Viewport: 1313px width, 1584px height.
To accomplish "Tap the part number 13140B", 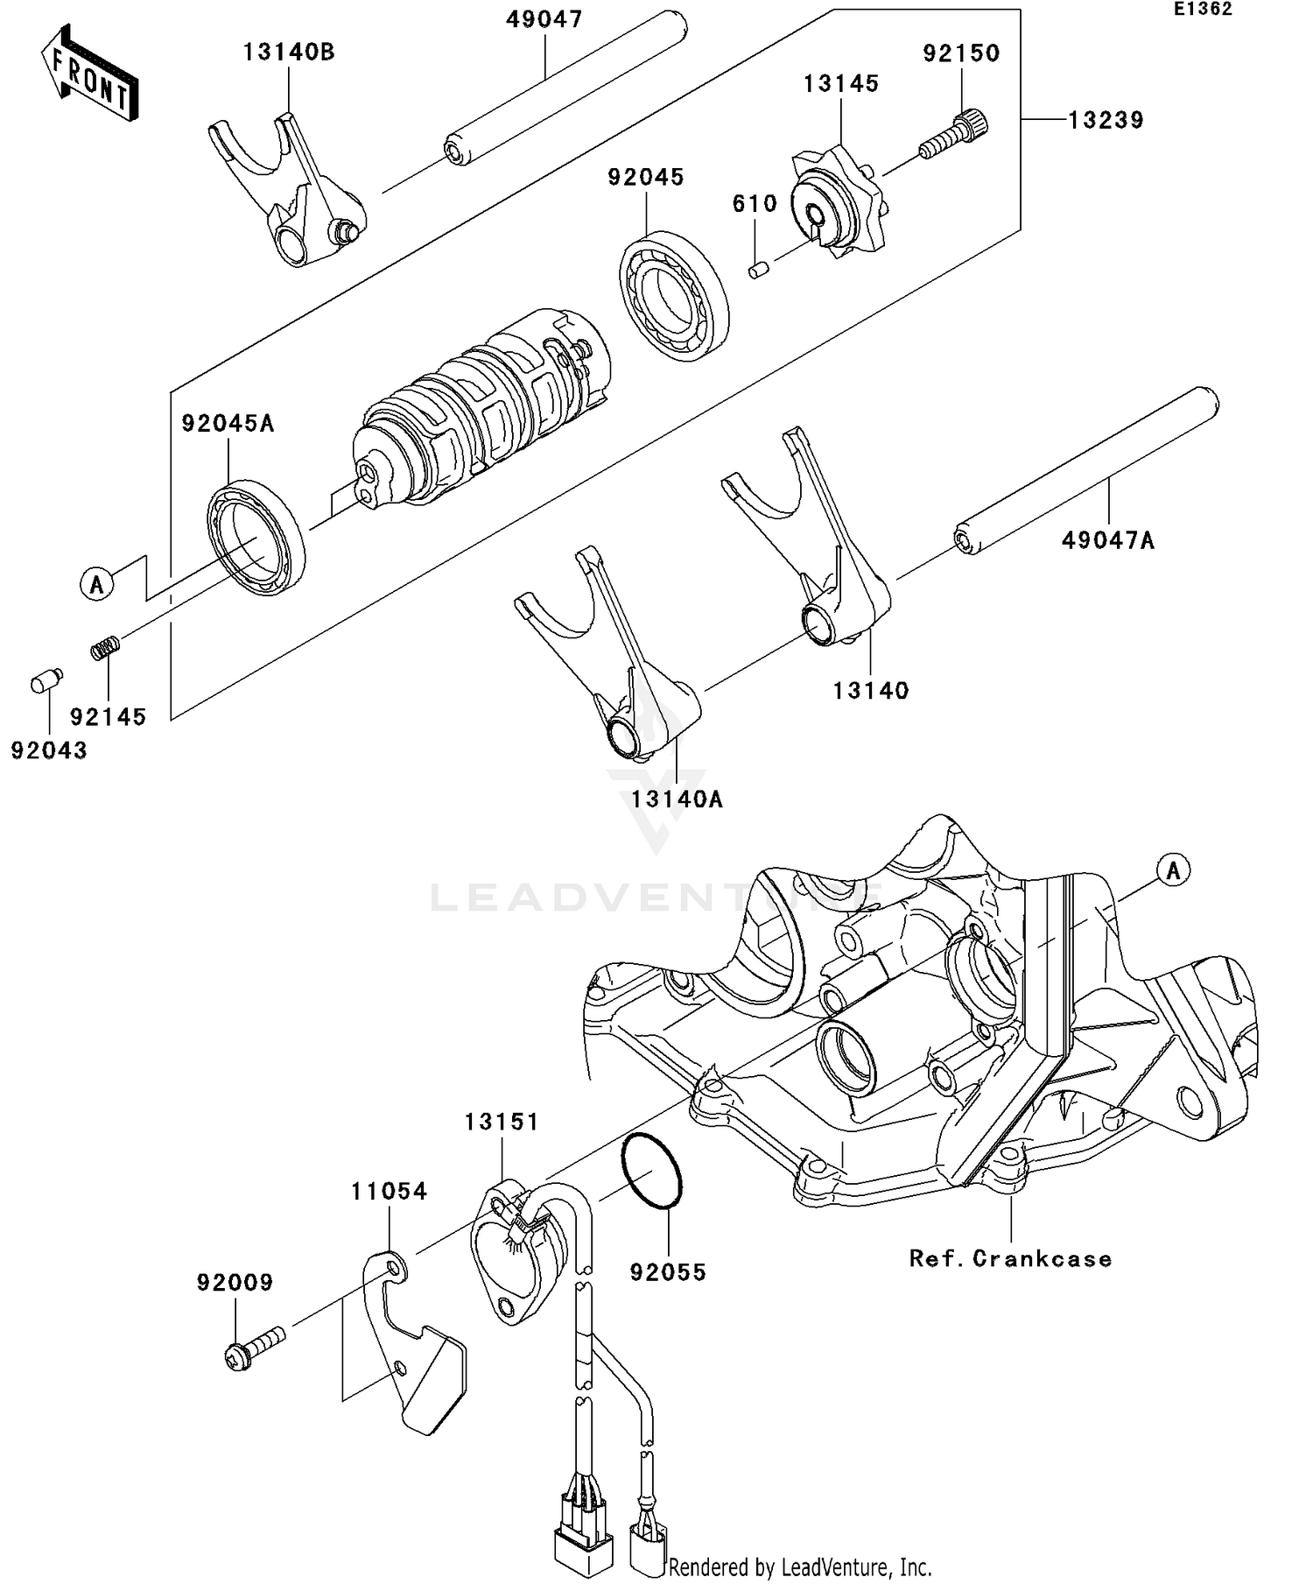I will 289,53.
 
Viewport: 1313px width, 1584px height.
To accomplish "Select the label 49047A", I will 1107,541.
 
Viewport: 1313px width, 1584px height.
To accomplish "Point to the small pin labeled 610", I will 758,269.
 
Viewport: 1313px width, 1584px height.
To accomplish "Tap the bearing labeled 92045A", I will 256,537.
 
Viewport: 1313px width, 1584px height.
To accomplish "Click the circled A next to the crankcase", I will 1173,870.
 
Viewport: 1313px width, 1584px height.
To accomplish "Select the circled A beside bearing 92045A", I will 97,583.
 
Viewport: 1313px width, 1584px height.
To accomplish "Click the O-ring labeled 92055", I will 651,1172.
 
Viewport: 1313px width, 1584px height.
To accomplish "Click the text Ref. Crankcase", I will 1010,1259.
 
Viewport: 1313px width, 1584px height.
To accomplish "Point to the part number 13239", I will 1106,120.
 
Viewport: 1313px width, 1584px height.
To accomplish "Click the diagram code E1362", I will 1203,10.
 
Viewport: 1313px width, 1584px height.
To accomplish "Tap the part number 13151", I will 502,1122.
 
